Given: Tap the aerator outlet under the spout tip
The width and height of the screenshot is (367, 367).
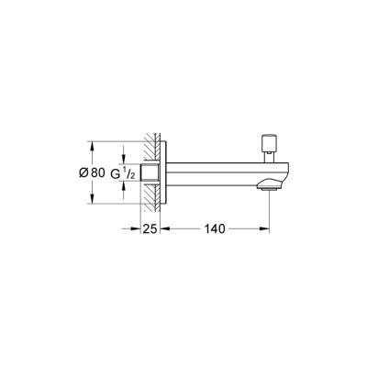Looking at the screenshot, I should (270, 186).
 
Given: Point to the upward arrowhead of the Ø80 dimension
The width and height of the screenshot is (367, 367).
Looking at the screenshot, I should (91, 143).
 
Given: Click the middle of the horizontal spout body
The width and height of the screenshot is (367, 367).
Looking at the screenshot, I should (220, 172).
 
